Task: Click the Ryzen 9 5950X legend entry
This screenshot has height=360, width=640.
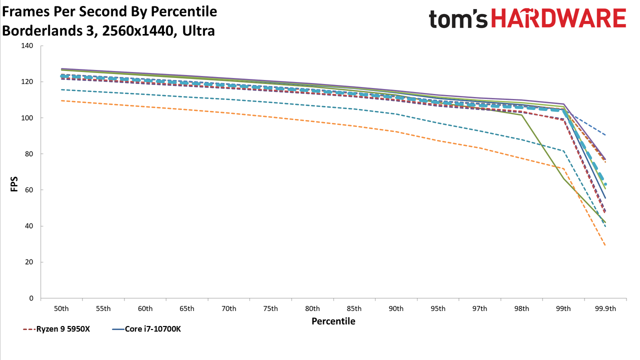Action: [56, 329]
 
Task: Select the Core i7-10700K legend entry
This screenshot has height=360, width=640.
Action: [146, 329]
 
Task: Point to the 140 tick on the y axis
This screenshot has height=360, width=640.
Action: [27, 45]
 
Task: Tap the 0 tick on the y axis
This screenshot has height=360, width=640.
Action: [31, 298]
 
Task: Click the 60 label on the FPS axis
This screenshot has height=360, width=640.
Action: [29, 190]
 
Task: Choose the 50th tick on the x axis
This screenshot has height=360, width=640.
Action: [61, 309]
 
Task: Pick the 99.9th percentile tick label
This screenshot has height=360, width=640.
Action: [605, 309]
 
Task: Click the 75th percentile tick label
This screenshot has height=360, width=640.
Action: [270, 309]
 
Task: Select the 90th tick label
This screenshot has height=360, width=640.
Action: [396, 309]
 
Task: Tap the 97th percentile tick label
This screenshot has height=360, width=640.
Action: [479, 309]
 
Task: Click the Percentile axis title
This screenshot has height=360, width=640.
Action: [333, 321]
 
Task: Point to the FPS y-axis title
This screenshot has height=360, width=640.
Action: [14, 184]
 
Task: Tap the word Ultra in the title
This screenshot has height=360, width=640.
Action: [198, 31]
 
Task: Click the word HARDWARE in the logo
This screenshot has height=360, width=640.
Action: [559, 18]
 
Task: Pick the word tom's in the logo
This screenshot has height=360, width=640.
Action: [458, 19]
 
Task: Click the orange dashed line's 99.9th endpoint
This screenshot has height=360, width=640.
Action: [605, 245]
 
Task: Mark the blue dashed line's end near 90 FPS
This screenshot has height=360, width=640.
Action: [605, 135]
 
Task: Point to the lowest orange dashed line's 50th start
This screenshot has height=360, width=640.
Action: [61, 100]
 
